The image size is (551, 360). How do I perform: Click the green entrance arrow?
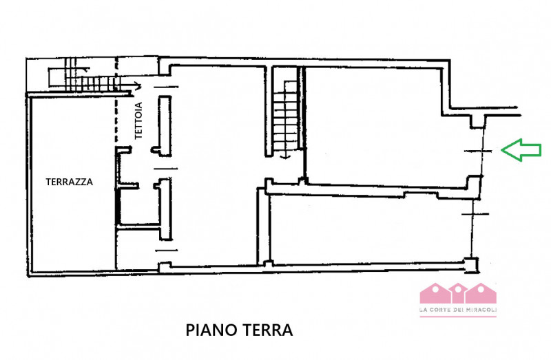pos(521,149)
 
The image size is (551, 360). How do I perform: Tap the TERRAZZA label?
pos(70,182)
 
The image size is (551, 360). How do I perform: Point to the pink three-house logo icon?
pos(458,293)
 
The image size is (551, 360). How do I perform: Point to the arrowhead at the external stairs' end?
pos(138,86)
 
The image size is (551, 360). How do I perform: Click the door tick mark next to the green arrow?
pos(475,150)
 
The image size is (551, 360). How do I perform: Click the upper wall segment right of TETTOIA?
pos(164,124)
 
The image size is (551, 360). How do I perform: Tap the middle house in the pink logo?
pos(458,292)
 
